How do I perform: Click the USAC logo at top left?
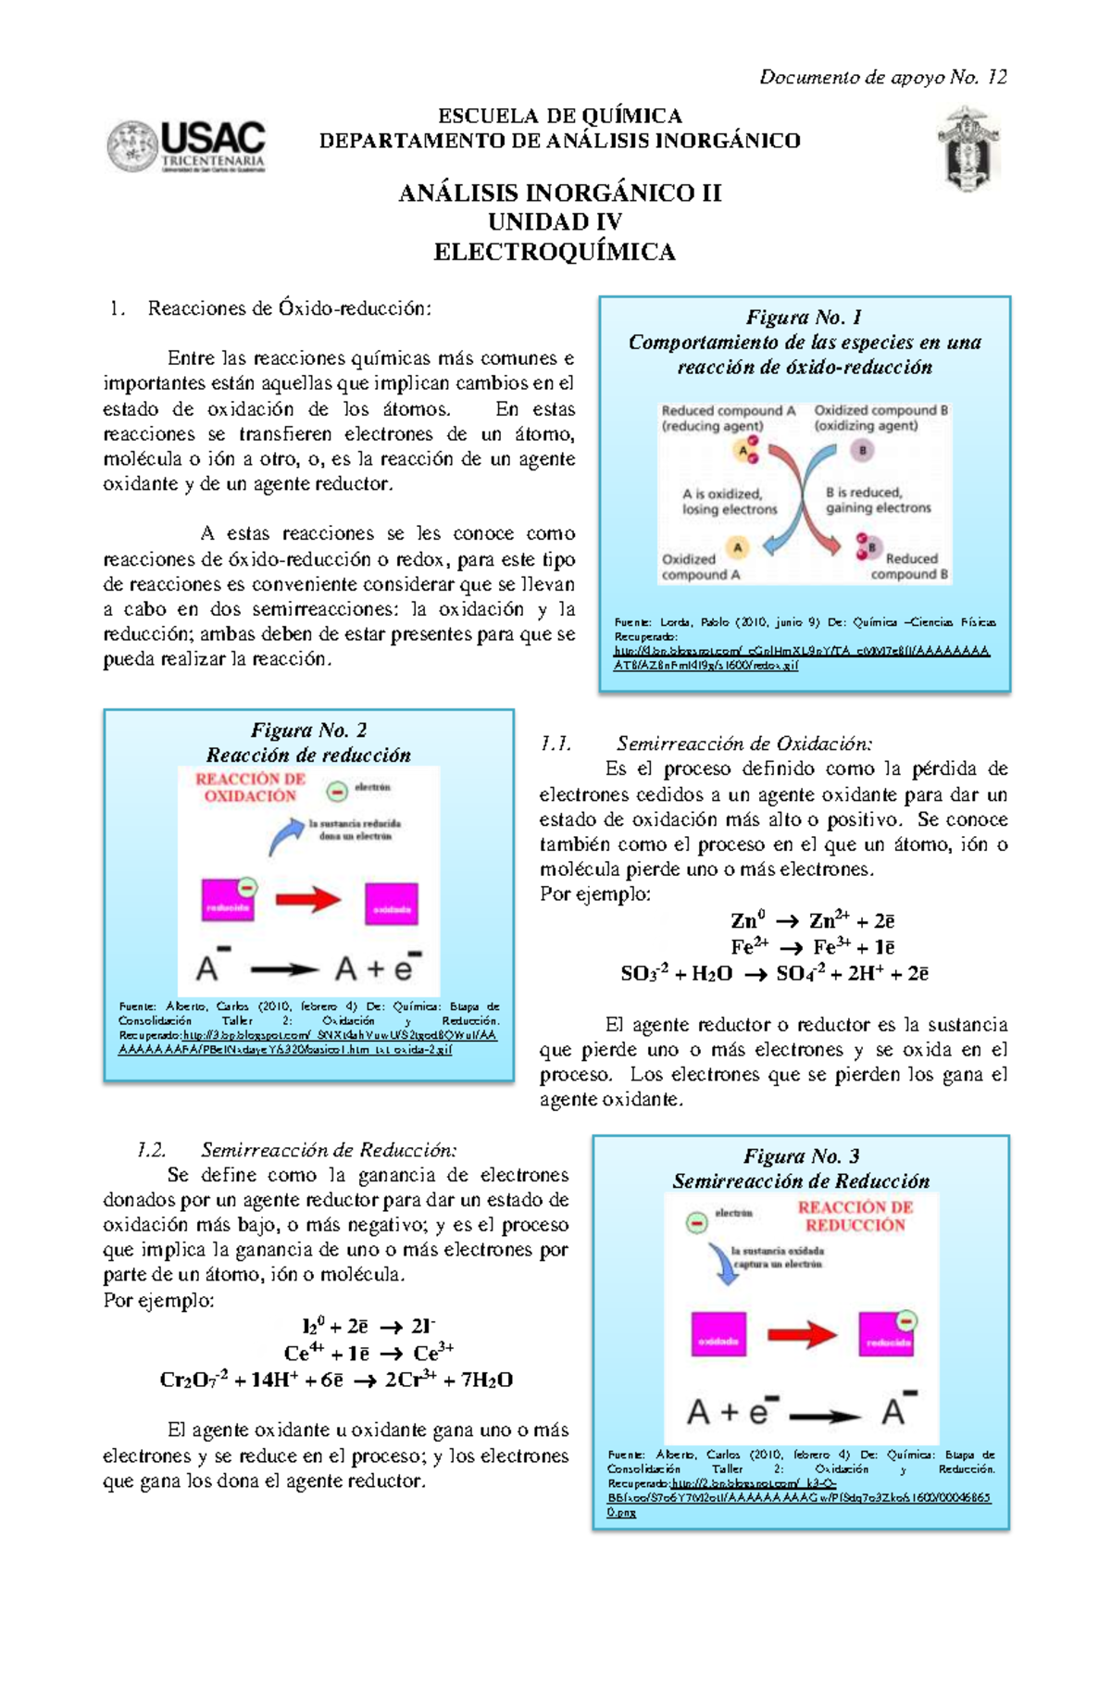click(x=186, y=146)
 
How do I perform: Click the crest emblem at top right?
click(x=968, y=148)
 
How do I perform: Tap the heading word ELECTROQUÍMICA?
click(x=555, y=252)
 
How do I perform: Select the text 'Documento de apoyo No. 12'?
click(x=882, y=77)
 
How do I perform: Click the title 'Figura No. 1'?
click(x=804, y=317)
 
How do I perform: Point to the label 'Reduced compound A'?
click(x=728, y=410)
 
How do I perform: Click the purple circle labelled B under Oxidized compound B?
click(x=862, y=451)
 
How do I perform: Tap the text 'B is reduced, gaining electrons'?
click(x=878, y=500)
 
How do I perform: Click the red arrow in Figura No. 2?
click(x=308, y=899)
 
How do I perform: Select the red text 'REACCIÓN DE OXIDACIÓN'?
click(x=250, y=787)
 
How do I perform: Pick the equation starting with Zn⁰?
click(x=812, y=920)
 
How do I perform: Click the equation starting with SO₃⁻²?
click(x=774, y=973)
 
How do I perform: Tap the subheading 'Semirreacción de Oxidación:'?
click(x=743, y=743)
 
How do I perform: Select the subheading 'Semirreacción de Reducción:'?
click(x=329, y=1150)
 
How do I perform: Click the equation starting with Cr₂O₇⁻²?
click(x=336, y=1380)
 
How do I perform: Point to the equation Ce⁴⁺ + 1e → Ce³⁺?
click(x=368, y=1353)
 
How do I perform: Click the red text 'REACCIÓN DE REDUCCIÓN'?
click(x=855, y=1216)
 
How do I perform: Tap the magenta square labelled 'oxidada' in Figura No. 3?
click(x=718, y=1334)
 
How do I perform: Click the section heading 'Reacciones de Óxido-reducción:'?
click(x=289, y=308)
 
